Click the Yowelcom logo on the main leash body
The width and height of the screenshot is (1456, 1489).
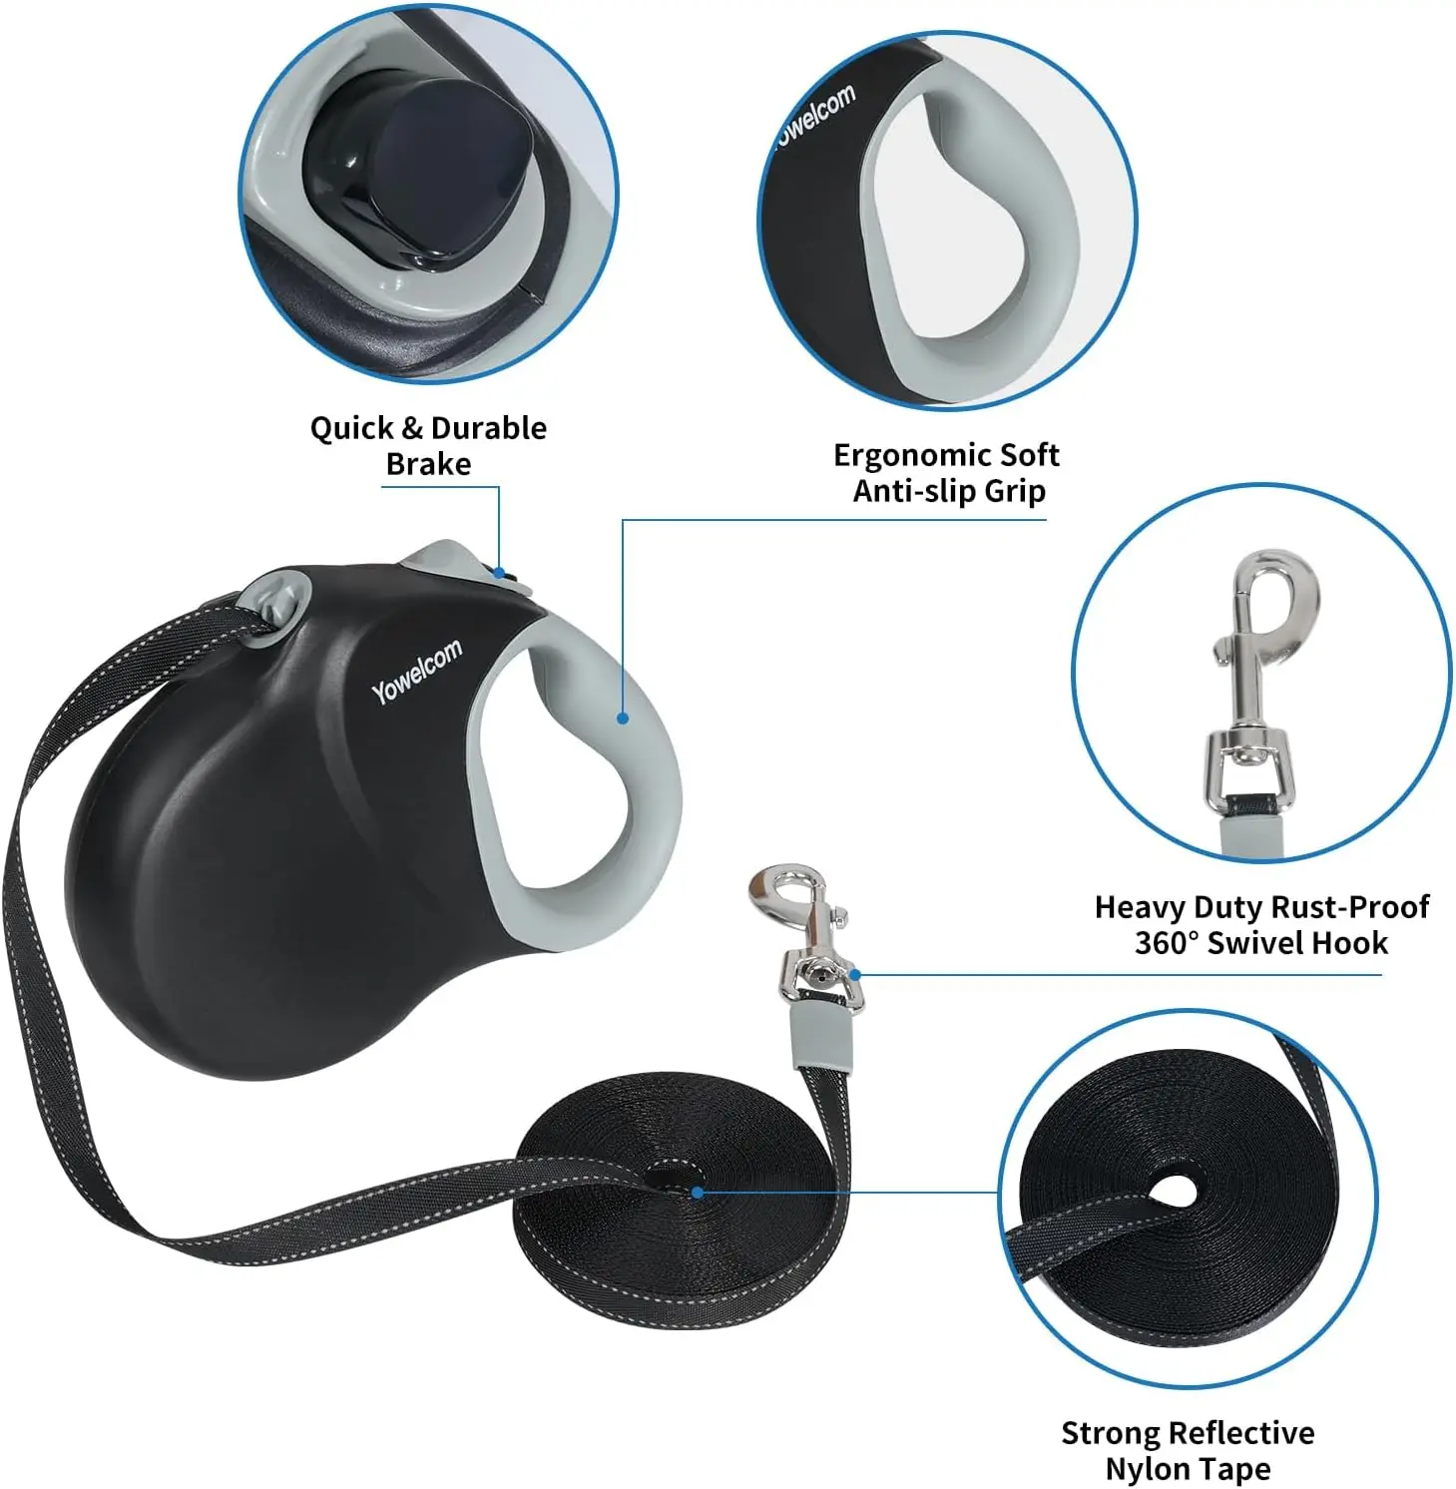417,671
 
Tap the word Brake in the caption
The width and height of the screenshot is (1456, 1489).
428,464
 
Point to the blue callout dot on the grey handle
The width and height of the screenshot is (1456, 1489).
622,718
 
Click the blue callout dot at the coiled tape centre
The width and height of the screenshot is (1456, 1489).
697,1192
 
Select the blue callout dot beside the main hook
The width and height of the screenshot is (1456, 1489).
855,975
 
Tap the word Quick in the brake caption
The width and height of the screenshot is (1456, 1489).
351,429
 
